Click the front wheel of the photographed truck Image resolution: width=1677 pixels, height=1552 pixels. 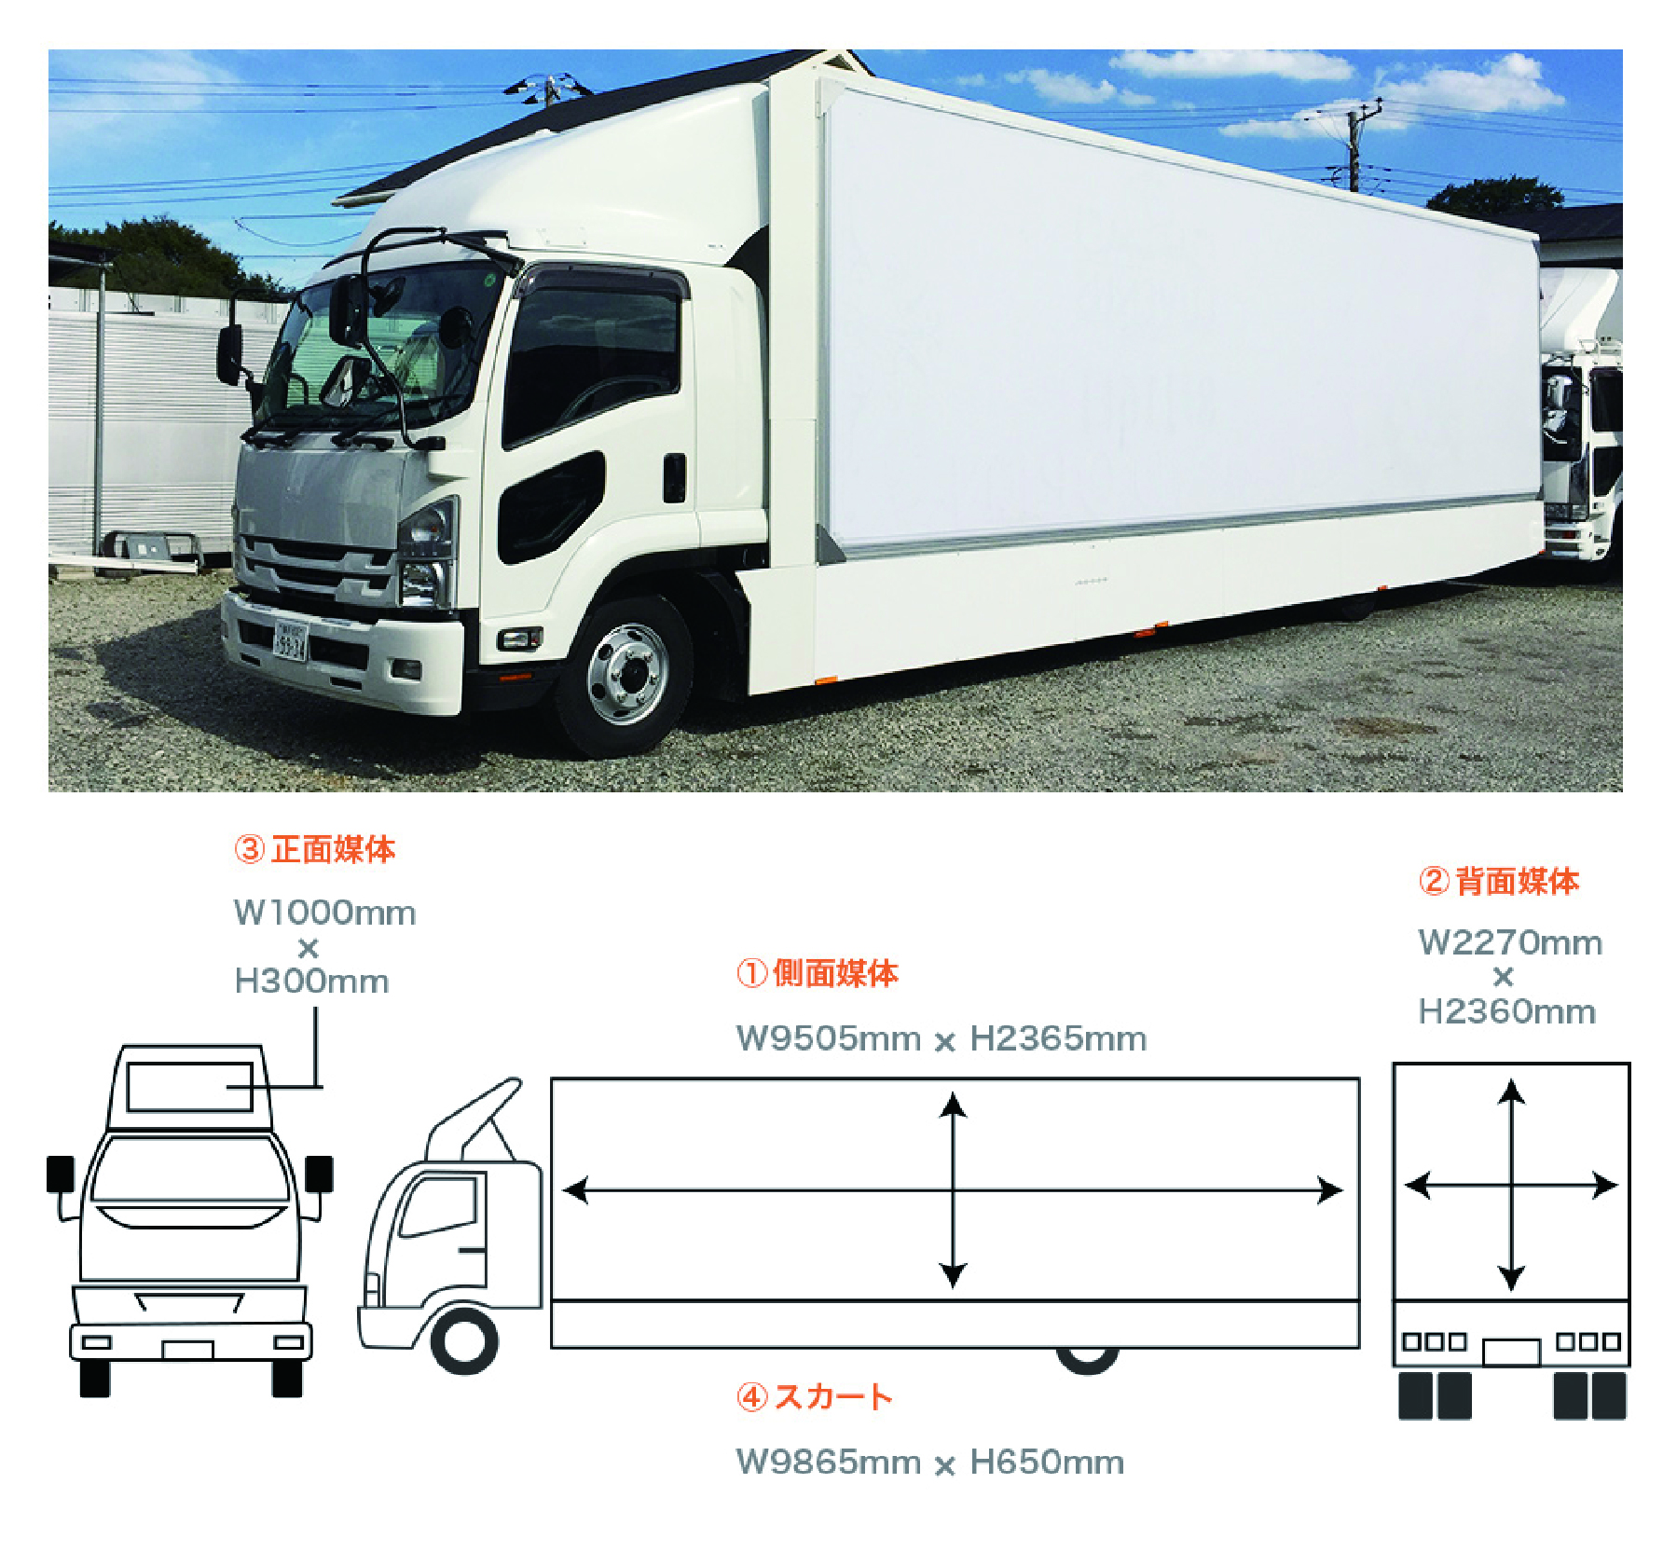(x=626, y=675)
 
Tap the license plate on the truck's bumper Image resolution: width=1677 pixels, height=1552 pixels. (x=289, y=641)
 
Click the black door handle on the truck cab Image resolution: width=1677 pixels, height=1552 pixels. (x=674, y=478)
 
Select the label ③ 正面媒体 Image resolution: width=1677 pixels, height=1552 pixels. (x=314, y=849)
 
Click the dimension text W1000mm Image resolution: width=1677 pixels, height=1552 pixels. (x=324, y=913)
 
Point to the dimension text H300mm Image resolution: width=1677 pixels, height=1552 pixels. (x=311, y=982)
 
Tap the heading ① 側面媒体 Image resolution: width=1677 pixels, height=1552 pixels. (x=817, y=973)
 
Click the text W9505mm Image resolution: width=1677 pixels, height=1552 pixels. (x=828, y=1038)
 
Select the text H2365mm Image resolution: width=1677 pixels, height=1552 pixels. (x=1058, y=1038)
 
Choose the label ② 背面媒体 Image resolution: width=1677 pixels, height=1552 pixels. (x=1499, y=881)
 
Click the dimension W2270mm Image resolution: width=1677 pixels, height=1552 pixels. (x=1510, y=942)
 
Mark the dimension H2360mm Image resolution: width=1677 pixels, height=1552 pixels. (x=1507, y=1011)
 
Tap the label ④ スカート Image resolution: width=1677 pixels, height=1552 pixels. (x=815, y=1396)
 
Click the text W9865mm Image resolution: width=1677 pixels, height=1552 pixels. (x=828, y=1462)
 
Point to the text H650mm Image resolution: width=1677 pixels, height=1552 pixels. (x=1047, y=1462)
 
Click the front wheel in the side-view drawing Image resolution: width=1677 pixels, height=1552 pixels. (x=463, y=1341)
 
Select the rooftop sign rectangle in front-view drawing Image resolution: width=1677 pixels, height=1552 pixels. (x=190, y=1087)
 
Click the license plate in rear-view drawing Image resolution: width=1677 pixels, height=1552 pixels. (x=1511, y=1352)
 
